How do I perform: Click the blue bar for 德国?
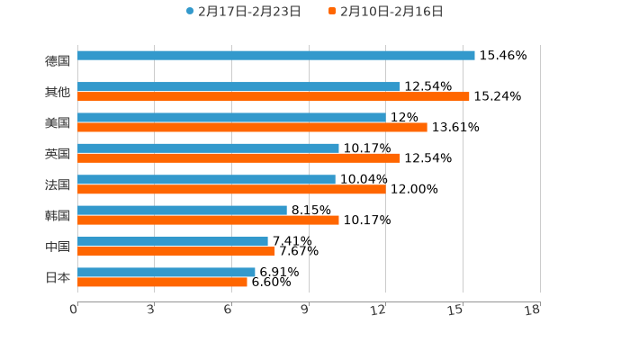[x=275, y=56]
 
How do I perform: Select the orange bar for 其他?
[x=273, y=97]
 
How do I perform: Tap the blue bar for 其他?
[x=238, y=87]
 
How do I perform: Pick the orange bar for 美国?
[x=252, y=128]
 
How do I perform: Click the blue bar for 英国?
[x=208, y=148]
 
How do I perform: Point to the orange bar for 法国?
[x=231, y=189]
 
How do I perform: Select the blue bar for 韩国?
[x=182, y=211]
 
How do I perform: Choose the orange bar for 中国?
[x=176, y=251]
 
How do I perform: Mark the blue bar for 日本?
[x=166, y=272]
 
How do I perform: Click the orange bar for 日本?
[x=162, y=282]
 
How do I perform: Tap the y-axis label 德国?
[x=58, y=60]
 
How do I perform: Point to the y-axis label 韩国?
[x=58, y=215]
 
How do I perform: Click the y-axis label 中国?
[x=58, y=247]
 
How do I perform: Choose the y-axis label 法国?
[x=58, y=184]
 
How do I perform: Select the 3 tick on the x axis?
[x=150, y=310]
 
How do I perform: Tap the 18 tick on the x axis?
[x=533, y=310]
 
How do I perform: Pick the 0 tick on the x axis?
[x=74, y=310]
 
